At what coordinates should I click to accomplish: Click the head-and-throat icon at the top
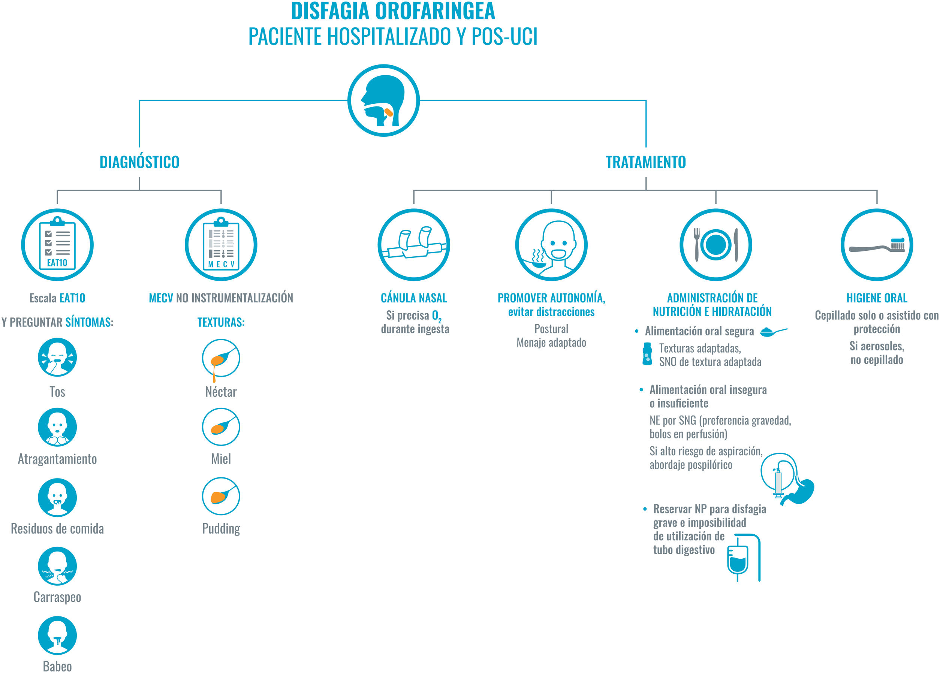click(383, 100)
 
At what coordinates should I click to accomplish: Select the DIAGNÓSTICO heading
click(139, 162)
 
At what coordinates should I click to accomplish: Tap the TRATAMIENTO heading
click(646, 162)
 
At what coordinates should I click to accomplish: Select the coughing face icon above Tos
click(57, 357)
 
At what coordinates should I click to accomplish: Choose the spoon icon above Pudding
click(221, 496)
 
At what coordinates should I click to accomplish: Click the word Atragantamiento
click(57, 459)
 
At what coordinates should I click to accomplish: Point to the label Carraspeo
click(57, 597)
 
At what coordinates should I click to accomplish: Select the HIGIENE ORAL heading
click(877, 298)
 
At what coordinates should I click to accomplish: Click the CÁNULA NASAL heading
click(414, 298)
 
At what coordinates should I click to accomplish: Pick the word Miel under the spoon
click(221, 459)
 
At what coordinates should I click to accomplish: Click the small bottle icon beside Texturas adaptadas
click(647, 354)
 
